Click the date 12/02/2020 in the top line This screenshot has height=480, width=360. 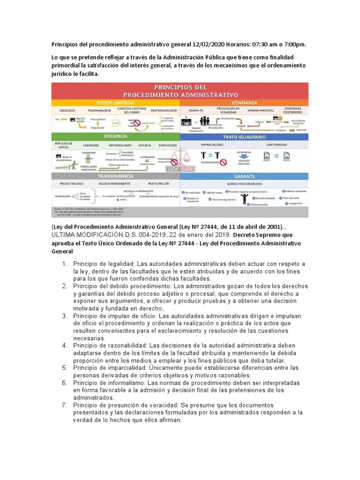click(x=209, y=45)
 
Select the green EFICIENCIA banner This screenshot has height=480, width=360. click(x=115, y=136)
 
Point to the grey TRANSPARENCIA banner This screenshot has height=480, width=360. click(x=115, y=176)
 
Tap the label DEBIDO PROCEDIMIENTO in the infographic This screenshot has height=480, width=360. click(x=244, y=184)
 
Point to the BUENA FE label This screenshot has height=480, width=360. click(x=195, y=111)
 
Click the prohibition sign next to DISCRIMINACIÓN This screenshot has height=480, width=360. click(x=223, y=163)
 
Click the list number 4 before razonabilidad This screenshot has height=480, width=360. click(x=65, y=345)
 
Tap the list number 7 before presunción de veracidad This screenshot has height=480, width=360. click(x=65, y=405)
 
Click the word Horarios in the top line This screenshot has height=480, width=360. click(x=239, y=45)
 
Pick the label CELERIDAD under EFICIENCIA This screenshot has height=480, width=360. click(x=91, y=146)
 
